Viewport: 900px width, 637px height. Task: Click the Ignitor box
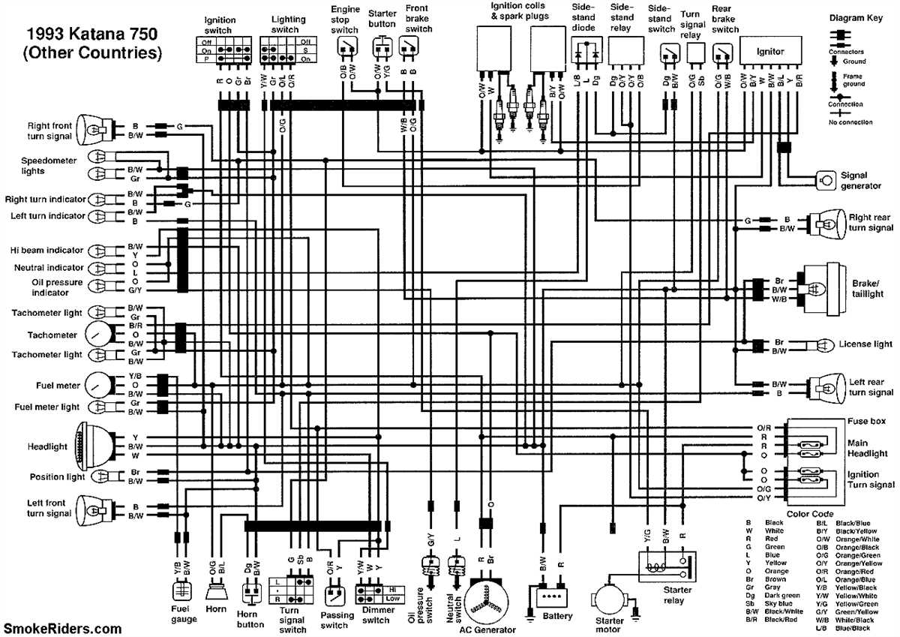pyautogui.click(x=770, y=52)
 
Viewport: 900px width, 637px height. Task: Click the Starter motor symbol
pyautogui.click(x=610, y=601)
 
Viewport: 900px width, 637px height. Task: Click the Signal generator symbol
pyautogui.click(x=826, y=180)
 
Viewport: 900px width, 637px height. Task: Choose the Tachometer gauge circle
pyautogui.click(x=98, y=335)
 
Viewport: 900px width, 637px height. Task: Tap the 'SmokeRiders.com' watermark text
pyautogui.click(x=63, y=627)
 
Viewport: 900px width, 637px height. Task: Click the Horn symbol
pyautogui.click(x=216, y=593)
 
